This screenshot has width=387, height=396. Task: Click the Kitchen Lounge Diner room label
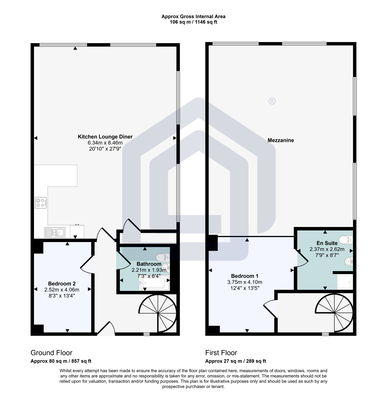coord(105,137)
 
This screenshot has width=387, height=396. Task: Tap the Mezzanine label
coord(281,140)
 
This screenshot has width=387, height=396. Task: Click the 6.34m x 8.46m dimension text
coord(105,143)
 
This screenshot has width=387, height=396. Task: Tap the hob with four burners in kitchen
coord(41,203)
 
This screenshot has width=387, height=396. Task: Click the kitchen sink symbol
coord(55,232)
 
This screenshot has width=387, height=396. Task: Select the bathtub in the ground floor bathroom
coord(153,284)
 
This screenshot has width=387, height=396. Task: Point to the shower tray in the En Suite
coord(344,282)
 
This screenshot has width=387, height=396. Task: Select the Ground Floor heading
coord(51,353)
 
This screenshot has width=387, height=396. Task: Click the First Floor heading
coord(221,353)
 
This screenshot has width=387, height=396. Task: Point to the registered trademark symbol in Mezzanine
coord(272,101)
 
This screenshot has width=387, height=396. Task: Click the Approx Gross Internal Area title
coord(193,17)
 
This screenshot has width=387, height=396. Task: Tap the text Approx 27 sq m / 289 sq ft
coord(235,362)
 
